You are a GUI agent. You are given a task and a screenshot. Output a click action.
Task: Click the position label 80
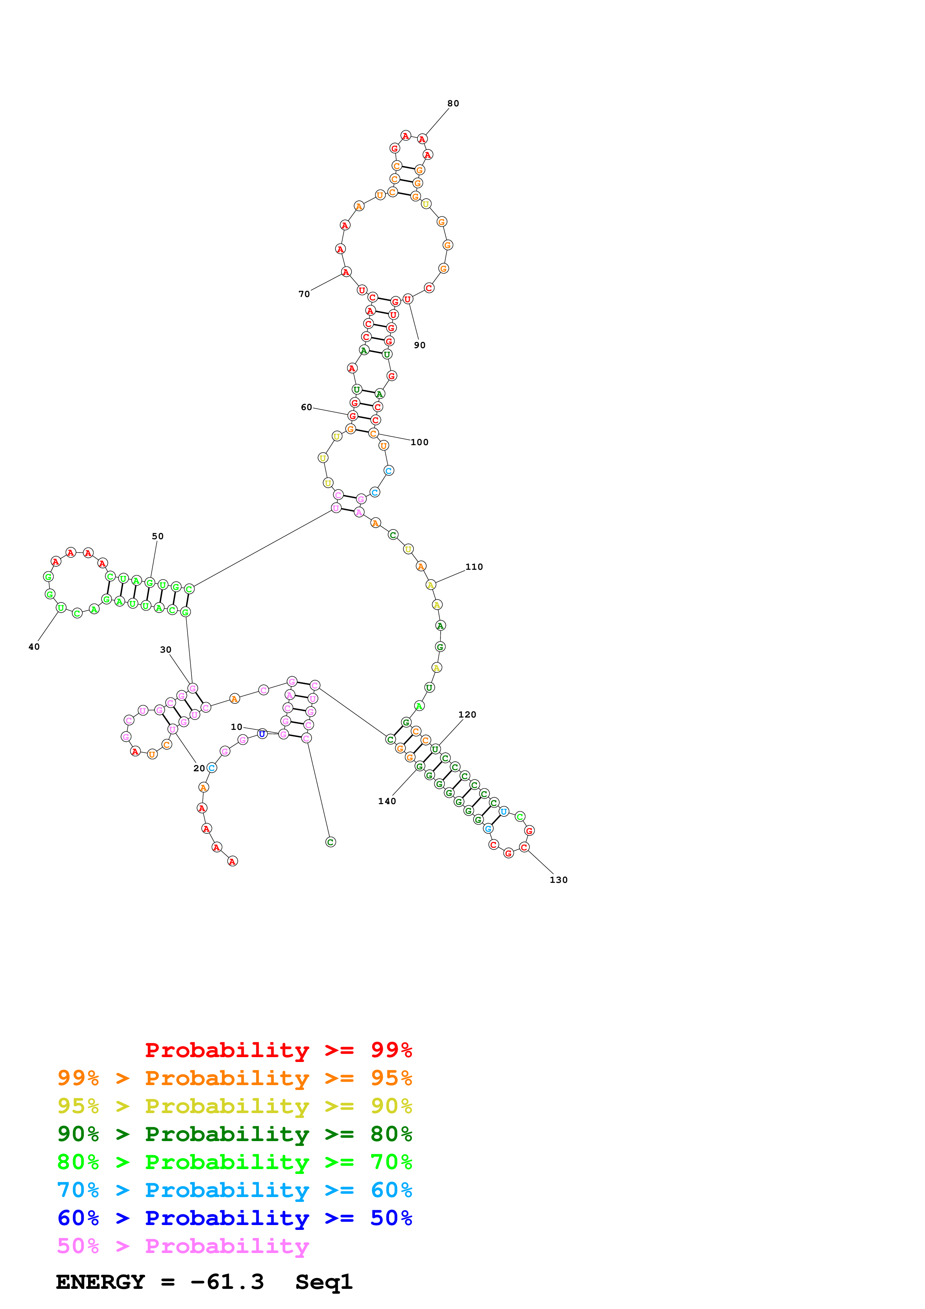click(x=453, y=103)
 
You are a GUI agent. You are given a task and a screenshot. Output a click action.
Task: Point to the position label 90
click(x=419, y=345)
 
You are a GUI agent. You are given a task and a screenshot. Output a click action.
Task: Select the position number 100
click(x=419, y=443)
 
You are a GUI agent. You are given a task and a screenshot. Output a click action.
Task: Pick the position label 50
click(x=158, y=537)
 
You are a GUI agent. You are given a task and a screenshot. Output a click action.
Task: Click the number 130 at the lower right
click(x=559, y=880)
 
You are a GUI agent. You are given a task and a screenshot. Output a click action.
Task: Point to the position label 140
click(x=387, y=801)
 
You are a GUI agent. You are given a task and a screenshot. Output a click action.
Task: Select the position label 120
click(x=467, y=714)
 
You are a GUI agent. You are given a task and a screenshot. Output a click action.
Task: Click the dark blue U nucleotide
click(x=262, y=734)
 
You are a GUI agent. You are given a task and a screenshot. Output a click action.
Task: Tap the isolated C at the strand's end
click(x=331, y=842)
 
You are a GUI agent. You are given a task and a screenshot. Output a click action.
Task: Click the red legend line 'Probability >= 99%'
click(x=278, y=1050)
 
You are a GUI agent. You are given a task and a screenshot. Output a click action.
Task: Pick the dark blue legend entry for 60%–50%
click(x=234, y=1218)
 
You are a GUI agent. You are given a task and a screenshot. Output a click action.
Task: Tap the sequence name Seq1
click(x=324, y=1282)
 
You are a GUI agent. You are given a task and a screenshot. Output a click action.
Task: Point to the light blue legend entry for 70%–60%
click(x=234, y=1190)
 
